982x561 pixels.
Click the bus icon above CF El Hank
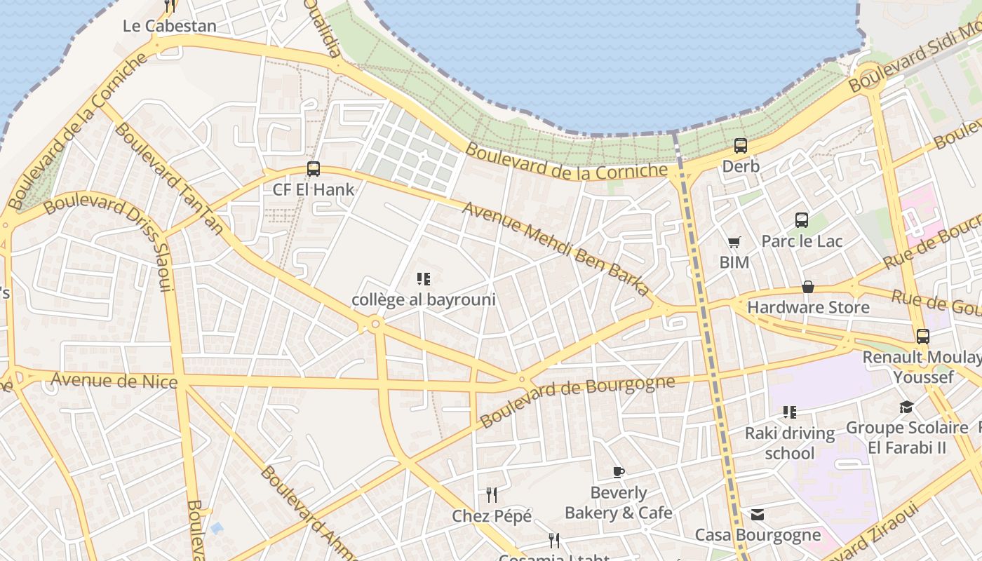(314, 169)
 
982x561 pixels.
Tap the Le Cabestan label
(169, 26)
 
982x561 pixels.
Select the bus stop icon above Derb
(741, 146)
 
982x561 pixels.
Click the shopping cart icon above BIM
(734, 243)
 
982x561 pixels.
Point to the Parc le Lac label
(802, 241)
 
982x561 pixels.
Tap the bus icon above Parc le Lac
(802, 220)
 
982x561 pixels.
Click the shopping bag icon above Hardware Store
(808, 287)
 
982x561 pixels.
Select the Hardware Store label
(808, 307)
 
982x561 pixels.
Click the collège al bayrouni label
(423, 300)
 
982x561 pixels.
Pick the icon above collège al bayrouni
(423, 279)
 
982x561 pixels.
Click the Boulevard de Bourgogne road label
(577, 401)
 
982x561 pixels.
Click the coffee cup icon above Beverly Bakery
(618, 472)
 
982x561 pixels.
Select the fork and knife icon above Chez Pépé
(492, 495)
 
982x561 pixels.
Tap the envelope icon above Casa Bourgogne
(758, 515)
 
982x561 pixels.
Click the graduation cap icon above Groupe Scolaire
(907, 407)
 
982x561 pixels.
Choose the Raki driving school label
(790, 443)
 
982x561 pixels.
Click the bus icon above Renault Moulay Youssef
(923, 337)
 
